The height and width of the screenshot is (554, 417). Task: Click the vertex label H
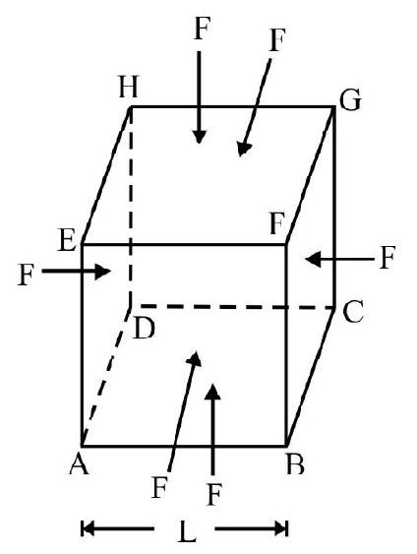click(x=128, y=87)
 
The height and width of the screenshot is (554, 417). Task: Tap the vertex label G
click(x=350, y=100)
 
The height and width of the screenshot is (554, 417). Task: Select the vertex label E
click(x=67, y=240)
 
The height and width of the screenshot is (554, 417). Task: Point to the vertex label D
click(x=144, y=329)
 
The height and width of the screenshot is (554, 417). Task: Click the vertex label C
click(x=353, y=312)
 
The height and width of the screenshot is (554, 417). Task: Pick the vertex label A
click(x=79, y=463)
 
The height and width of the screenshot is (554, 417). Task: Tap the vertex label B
click(x=295, y=463)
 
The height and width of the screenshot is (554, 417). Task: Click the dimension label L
click(x=187, y=531)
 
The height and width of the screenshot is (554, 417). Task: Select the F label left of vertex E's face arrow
click(x=26, y=275)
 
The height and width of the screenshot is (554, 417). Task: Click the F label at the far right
click(x=387, y=258)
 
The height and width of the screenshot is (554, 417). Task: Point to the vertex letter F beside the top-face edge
click(x=276, y=223)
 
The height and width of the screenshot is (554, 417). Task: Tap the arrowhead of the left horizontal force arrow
click(x=103, y=272)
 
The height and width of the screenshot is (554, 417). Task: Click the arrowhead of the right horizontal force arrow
click(x=313, y=260)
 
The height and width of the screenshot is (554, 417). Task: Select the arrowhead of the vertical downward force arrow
click(x=199, y=137)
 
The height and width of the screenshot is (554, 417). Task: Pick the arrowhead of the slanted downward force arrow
click(x=243, y=149)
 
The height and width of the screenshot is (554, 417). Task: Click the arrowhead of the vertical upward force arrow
click(x=212, y=392)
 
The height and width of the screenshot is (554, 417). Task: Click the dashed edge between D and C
click(x=237, y=307)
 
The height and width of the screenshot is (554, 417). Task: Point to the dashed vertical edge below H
click(x=131, y=207)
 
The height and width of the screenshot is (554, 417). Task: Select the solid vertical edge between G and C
click(x=333, y=207)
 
